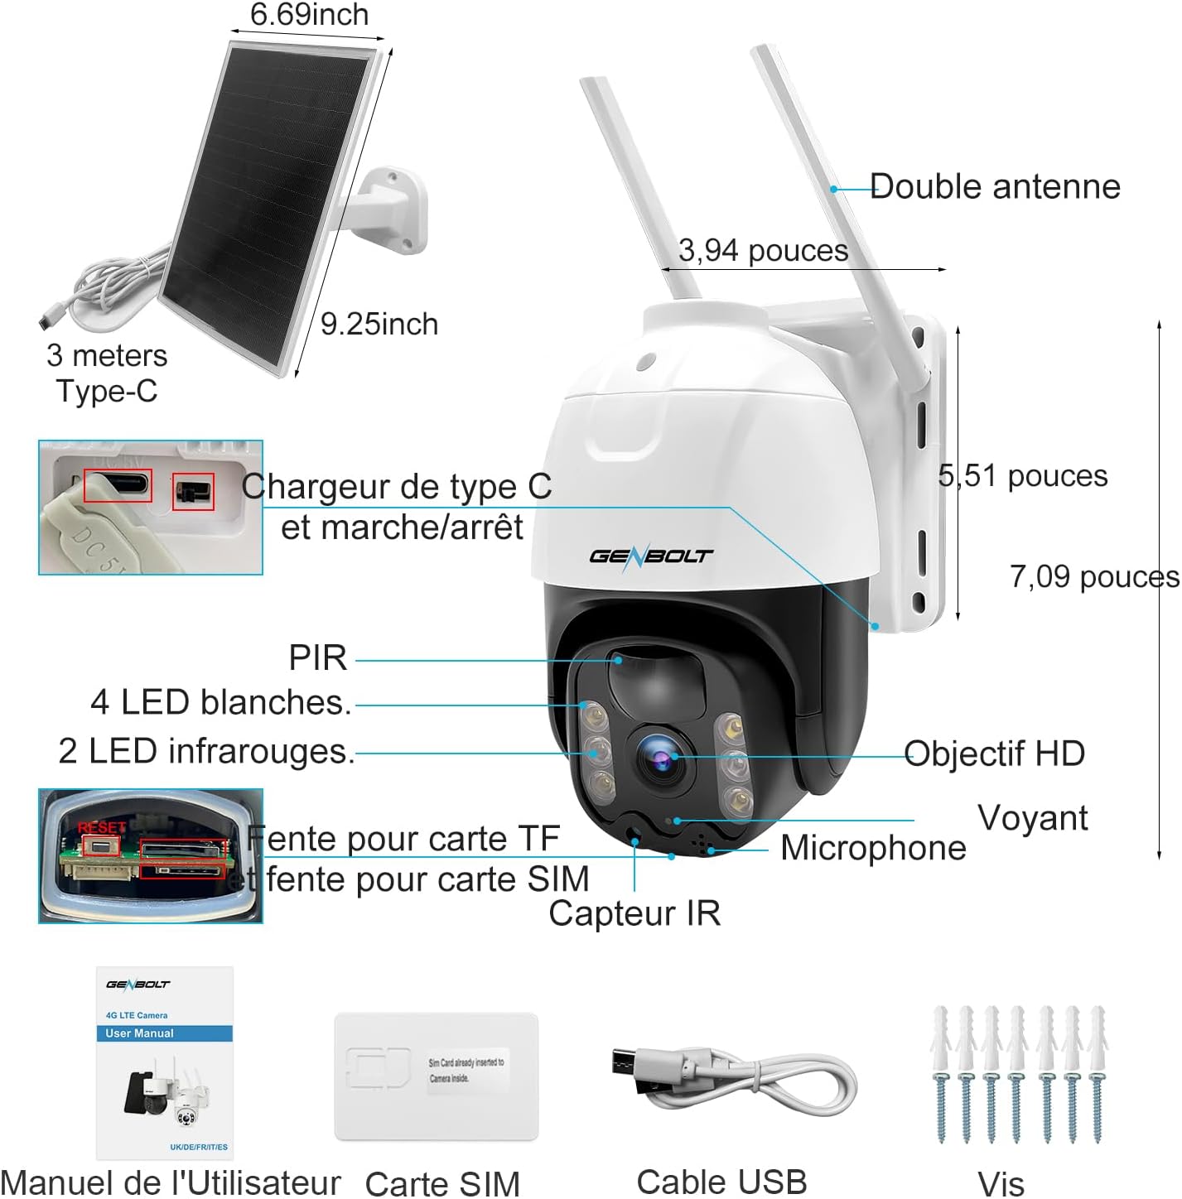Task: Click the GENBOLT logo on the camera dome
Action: [x=650, y=556]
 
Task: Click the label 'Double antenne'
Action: [x=995, y=187]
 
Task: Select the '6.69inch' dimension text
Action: [x=309, y=14]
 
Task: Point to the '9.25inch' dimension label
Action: [x=379, y=324]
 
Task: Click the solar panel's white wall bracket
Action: [x=390, y=211]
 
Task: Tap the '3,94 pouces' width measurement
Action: [x=763, y=250]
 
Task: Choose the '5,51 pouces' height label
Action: [x=1023, y=475]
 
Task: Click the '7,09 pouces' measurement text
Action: [x=1093, y=576]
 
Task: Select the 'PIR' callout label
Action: [x=318, y=658]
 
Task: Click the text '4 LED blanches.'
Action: [x=220, y=702]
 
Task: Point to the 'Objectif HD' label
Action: [x=994, y=754]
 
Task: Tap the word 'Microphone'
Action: [x=873, y=848]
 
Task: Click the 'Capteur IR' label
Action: [x=634, y=913]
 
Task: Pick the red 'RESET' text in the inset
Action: [x=101, y=827]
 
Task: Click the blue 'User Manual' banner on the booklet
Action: [x=164, y=1033]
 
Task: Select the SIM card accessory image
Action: [x=437, y=1076]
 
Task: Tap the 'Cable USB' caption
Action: [x=721, y=1182]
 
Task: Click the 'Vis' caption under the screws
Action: [x=1001, y=1183]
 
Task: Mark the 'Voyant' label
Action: [x=1032, y=818]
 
